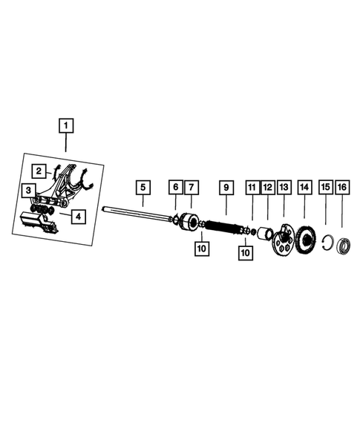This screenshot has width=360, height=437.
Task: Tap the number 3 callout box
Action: tap(27, 191)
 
